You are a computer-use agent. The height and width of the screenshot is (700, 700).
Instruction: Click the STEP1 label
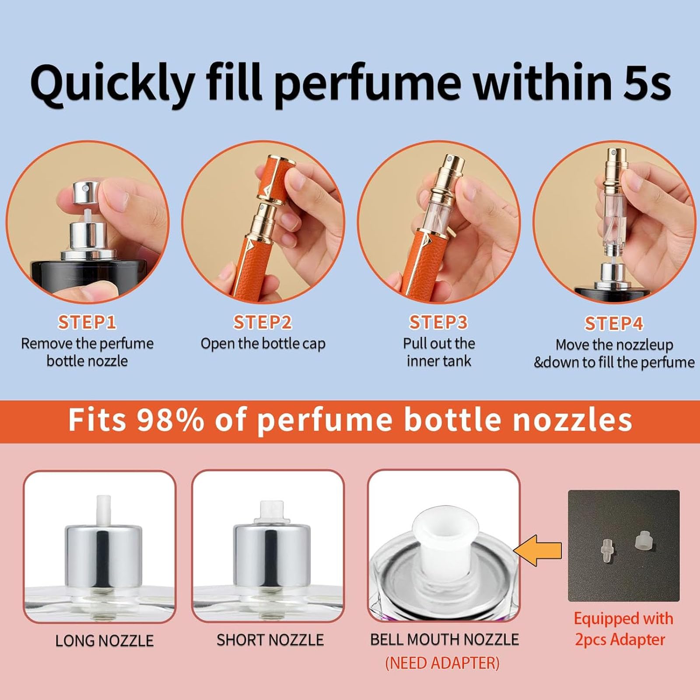pyautogui.click(x=87, y=322)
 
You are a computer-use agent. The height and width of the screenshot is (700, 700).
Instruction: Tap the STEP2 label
pyautogui.click(x=262, y=322)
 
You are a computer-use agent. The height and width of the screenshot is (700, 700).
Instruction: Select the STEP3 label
pyautogui.click(x=438, y=322)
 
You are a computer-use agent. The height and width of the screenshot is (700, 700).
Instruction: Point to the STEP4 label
pyautogui.click(x=614, y=324)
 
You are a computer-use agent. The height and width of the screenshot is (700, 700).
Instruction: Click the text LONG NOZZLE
pyautogui.click(x=104, y=640)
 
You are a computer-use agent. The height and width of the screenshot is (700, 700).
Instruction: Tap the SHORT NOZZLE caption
pyautogui.click(x=270, y=640)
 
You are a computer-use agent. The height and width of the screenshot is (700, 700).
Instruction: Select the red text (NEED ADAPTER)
pyautogui.click(x=442, y=663)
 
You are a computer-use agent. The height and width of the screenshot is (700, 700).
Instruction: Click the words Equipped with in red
pyautogui.click(x=623, y=619)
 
